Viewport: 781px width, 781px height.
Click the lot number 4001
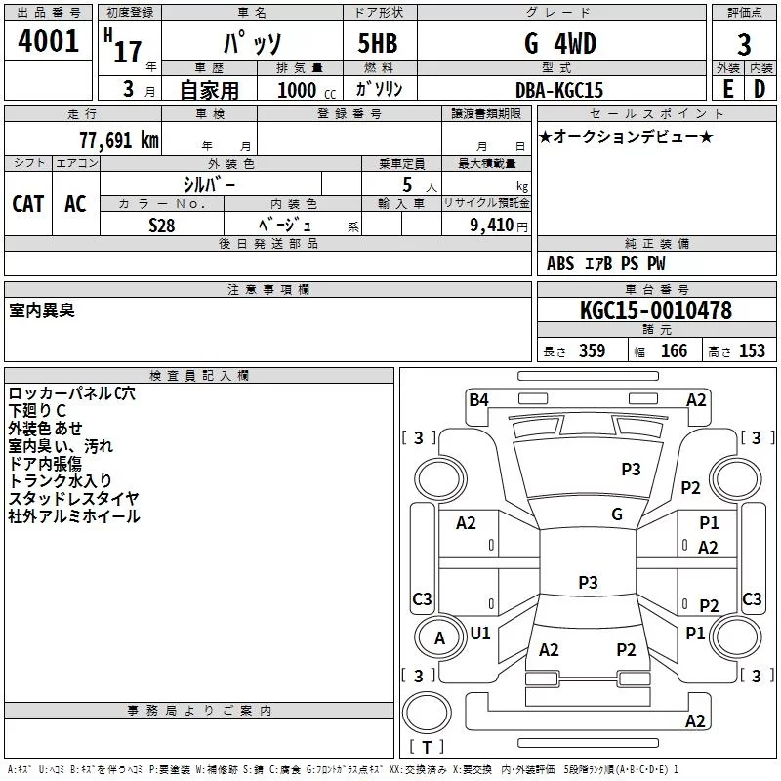(48, 40)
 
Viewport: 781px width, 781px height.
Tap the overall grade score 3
(744, 45)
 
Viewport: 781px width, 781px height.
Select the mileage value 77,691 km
(119, 140)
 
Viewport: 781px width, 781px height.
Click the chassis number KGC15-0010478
(656, 310)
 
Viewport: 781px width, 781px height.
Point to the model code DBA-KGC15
(559, 90)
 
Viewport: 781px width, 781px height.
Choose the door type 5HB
(378, 43)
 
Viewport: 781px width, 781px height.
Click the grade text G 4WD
(560, 43)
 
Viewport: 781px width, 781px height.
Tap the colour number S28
(162, 226)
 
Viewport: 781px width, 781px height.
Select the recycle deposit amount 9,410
(492, 225)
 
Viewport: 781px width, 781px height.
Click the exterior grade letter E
(728, 89)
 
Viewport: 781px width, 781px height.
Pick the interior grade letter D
(760, 89)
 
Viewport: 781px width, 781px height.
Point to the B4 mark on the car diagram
(478, 399)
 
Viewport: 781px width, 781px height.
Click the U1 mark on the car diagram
(480, 633)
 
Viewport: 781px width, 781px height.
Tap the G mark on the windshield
(617, 514)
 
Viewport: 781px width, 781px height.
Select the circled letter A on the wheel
(439, 638)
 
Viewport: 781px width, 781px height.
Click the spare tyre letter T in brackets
(427, 747)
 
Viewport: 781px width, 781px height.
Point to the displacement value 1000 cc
(307, 90)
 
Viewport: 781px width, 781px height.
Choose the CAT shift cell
(28, 204)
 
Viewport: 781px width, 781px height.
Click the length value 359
(592, 350)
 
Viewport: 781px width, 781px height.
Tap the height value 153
(752, 350)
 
